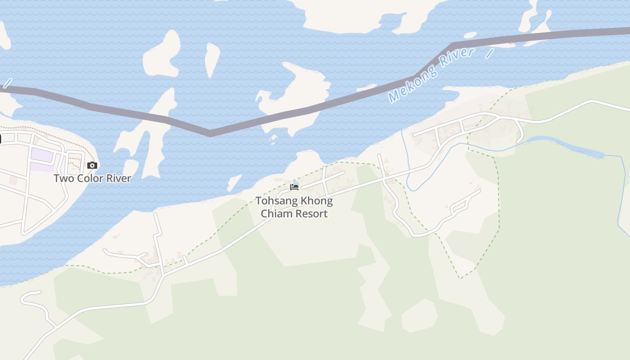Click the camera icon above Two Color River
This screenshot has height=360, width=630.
(92, 165)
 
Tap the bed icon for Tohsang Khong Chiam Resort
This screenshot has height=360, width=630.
(294, 187)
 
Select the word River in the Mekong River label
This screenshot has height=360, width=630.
(457, 58)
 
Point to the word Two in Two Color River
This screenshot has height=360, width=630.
(63, 178)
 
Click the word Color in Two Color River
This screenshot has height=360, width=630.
(92, 178)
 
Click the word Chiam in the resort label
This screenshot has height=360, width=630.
(274, 213)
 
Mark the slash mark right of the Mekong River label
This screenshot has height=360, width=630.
(490, 54)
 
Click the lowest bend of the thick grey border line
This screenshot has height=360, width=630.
(210, 133)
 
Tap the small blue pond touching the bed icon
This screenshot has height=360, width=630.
(296, 184)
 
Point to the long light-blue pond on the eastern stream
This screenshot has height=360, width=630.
(567, 145)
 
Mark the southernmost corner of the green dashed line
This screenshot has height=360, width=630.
(461, 278)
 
